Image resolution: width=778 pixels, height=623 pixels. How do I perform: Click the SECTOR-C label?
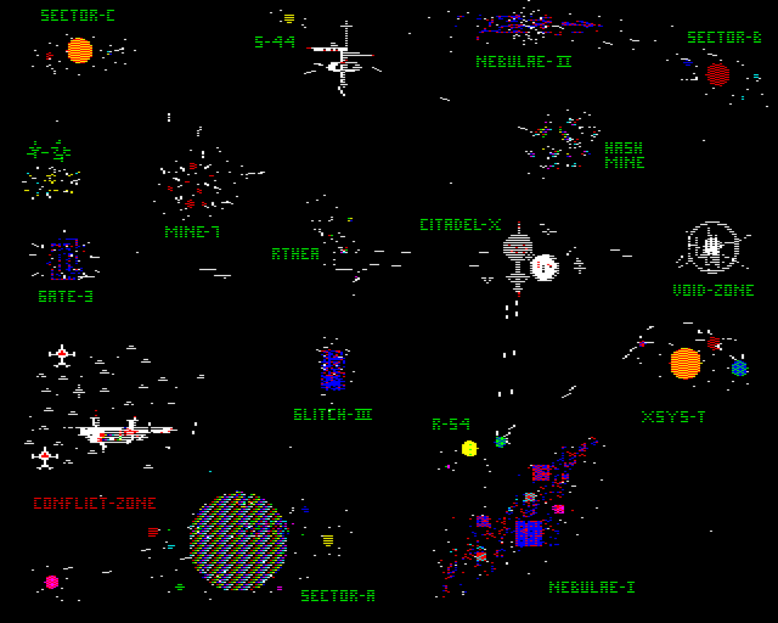[x=77, y=15]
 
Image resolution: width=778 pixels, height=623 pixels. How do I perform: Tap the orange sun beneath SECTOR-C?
[x=80, y=50]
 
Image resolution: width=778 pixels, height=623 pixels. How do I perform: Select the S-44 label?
[x=275, y=42]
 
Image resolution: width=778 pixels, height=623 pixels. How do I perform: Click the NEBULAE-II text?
[x=523, y=61]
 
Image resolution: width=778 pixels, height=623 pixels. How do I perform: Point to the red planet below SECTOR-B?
[x=718, y=74]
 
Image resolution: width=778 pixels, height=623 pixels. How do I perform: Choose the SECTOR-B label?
[x=724, y=37]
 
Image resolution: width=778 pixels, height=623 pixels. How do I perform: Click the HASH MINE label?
[x=624, y=155]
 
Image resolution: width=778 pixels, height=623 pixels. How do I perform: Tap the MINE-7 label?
[x=192, y=232]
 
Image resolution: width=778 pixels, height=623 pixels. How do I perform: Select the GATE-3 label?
[x=66, y=296]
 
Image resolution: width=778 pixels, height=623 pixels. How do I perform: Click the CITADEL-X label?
[x=460, y=224]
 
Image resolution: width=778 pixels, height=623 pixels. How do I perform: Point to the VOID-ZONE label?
[x=713, y=290]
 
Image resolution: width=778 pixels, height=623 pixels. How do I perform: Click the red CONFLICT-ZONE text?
[x=95, y=503]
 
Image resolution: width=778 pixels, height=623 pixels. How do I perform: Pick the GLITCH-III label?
[x=332, y=414]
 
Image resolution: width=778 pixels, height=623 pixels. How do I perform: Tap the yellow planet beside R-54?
[x=469, y=448]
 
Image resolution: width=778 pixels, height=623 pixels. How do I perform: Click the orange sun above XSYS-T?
[x=686, y=363]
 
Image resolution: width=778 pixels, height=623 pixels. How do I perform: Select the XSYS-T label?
[x=673, y=417]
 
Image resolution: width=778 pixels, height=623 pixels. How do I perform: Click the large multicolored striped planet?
[x=238, y=540]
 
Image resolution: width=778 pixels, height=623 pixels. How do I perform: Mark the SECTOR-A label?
[x=338, y=596]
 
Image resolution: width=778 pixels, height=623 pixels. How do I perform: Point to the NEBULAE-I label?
[x=591, y=587]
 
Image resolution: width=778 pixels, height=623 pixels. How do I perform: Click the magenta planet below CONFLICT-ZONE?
[x=52, y=582]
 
